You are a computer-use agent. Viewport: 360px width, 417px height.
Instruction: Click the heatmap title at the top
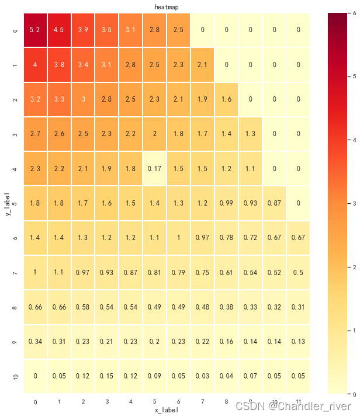point(167,7)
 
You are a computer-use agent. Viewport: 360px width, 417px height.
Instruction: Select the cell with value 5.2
point(35,30)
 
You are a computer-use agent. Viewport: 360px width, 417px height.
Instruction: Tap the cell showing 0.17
point(155,169)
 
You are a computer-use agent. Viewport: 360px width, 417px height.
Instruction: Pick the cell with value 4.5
point(59,30)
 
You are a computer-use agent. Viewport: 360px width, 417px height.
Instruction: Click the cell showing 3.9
point(83,30)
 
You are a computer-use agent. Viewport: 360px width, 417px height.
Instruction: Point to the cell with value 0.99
point(226,203)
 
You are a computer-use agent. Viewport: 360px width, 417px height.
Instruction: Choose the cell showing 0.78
point(226,238)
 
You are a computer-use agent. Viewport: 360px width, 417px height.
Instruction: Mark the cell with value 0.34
point(35,342)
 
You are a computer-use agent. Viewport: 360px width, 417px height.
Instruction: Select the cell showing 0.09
point(155,376)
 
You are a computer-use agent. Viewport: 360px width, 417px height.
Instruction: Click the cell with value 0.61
point(226,272)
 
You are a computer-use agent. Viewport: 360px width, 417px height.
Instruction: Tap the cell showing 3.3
point(59,99)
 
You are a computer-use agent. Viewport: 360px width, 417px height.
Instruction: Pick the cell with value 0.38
point(226,307)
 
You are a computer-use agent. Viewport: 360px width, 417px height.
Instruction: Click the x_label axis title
point(167,410)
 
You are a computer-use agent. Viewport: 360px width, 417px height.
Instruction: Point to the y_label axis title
point(8,204)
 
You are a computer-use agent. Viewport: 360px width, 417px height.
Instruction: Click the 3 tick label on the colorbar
point(354,203)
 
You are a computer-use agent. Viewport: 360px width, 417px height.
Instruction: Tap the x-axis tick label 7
point(202,401)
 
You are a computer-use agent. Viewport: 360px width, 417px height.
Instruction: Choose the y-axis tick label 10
point(15,377)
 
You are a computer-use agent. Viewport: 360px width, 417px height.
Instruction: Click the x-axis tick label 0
point(36,402)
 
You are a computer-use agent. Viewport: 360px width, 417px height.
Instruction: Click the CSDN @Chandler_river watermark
point(293,406)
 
